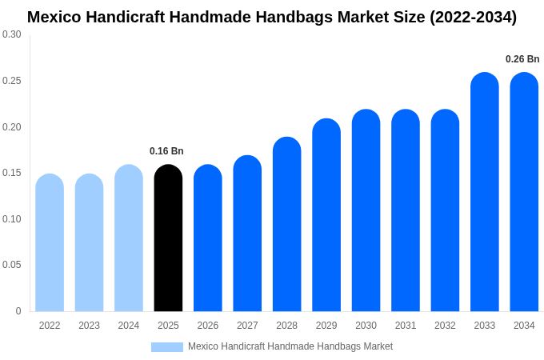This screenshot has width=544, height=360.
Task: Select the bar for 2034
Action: pyautogui.click(x=524, y=192)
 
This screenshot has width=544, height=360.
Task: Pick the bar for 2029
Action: pyautogui.click(x=326, y=215)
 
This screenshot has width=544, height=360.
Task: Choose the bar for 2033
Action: pyautogui.click(x=485, y=192)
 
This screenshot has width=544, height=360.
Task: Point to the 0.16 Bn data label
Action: pyautogui.click(x=166, y=151)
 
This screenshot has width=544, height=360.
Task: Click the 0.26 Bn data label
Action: pyautogui.click(x=522, y=59)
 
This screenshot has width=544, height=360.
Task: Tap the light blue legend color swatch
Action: pyautogui.click(x=166, y=347)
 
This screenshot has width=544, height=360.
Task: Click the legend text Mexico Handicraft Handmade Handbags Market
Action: pyautogui.click(x=290, y=346)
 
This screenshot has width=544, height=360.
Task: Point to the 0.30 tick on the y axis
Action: pyautogui.click(x=12, y=34)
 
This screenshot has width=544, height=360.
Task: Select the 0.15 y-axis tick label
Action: pyautogui.click(x=12, y=173)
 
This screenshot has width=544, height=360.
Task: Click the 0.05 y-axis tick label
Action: pyautogui.click(x=12, y=265)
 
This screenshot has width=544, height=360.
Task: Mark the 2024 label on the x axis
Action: pyautogui.click(x=129, y=326)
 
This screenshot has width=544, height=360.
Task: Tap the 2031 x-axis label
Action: pyautogui.click(x=406, y=326)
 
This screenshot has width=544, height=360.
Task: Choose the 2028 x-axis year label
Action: pyautogui.click(x=286, y=326)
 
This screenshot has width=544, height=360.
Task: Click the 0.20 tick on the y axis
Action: pyautogui.click(x=12, y=127)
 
